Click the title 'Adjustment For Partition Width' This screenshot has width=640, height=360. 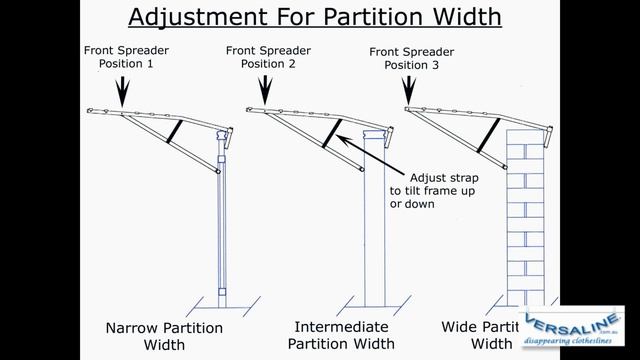pos(314,18)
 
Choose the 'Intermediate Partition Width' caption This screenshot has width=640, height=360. pos(341,335)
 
